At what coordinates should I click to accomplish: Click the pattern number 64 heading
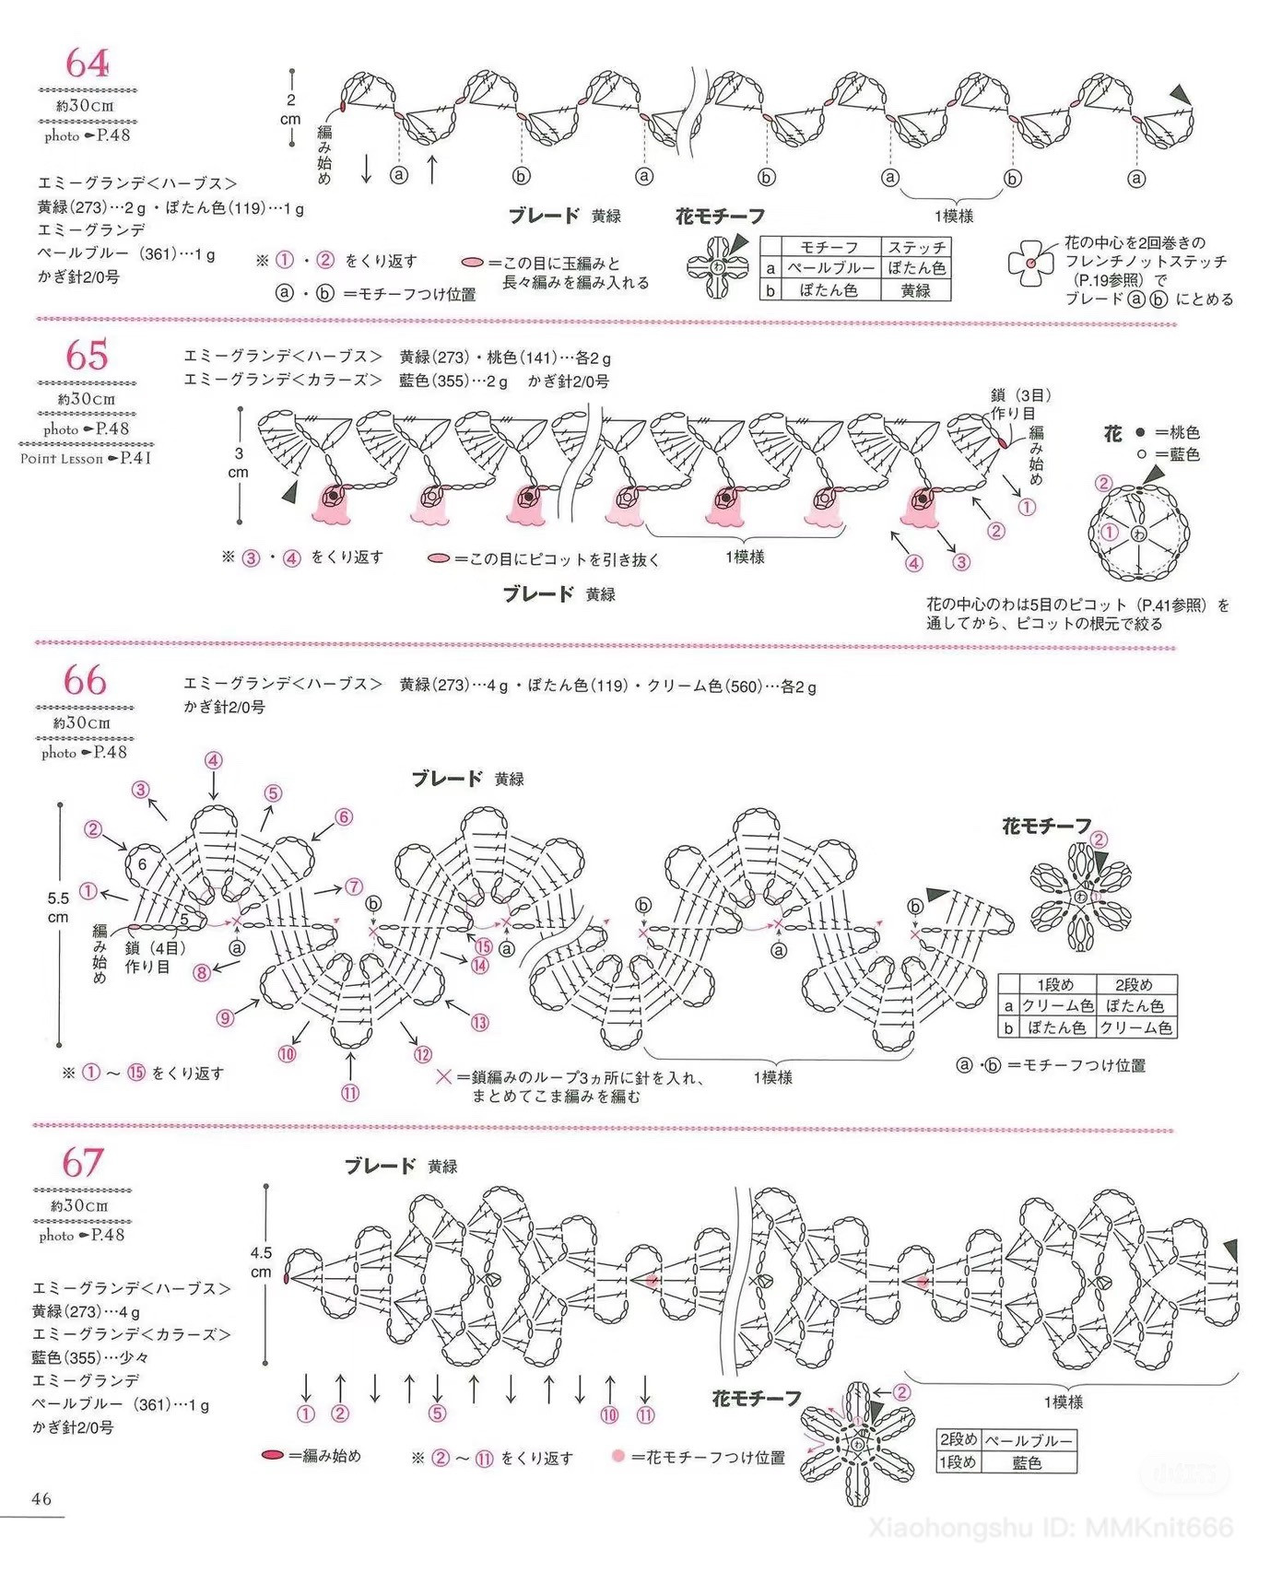point(87,64)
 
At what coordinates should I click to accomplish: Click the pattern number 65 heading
point(87,356)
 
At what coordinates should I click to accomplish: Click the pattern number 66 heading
point(85,681)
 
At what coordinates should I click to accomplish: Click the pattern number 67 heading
point(83,1162)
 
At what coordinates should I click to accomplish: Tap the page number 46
point(41,1498)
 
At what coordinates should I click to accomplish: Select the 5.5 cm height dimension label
point(58,907)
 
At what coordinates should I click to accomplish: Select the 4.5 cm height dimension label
point(261,1261)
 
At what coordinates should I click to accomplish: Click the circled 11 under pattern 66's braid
point(350,1094)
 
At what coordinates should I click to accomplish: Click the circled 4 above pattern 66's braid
point(214,760)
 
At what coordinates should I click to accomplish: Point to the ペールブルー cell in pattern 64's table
point(829,268)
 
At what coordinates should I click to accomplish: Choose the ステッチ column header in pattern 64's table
point(915,247)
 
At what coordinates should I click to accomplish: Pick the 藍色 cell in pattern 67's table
point(1027,1462)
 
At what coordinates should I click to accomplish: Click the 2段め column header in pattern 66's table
point(1134,984)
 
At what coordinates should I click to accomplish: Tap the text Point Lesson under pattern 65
point(62,458)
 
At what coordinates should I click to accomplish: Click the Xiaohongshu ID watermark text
point(1051,1527)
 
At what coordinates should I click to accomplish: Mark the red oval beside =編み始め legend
point(273,1455)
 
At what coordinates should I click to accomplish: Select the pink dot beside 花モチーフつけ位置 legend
point(617,1456)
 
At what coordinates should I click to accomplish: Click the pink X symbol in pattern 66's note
point(443,1076)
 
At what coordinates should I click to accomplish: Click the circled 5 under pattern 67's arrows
point(437,1414)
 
